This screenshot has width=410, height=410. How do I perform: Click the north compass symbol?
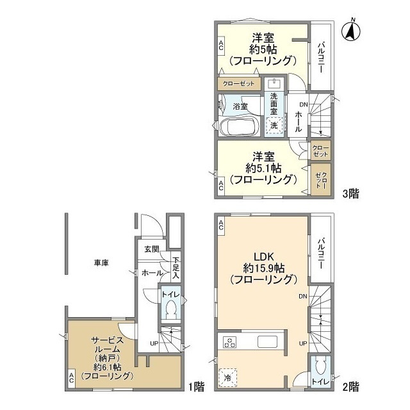pos(351,31)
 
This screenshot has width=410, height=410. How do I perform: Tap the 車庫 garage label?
pos(101,263)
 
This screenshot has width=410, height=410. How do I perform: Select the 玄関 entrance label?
pos(152,249)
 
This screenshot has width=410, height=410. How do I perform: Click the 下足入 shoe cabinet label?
pos(176,268)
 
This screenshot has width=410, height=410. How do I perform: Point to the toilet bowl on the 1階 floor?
pos(172,308)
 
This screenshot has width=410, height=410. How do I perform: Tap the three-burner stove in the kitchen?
pos(229,342)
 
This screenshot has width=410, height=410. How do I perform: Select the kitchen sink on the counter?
pos(267,341)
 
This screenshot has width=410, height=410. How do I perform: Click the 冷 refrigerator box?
pos(228,378)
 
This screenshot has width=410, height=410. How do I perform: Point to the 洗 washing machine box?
pos(274,126)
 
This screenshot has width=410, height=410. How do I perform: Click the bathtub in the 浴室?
pos(239,127)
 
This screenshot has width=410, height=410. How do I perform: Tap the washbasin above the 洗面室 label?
pos(274,83)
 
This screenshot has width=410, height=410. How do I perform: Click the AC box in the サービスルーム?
pos(71,379)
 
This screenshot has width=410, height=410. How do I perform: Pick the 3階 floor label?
pos(350,193)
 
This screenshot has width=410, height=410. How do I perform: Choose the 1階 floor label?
pos(197,386)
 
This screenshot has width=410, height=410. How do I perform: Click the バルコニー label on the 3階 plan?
pos(320,58)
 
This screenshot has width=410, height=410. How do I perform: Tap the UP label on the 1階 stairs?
pos(154,343)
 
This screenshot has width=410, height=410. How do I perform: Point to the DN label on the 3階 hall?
pos(304,104)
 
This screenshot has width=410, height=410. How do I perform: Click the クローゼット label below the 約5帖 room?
pos(238,84)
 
